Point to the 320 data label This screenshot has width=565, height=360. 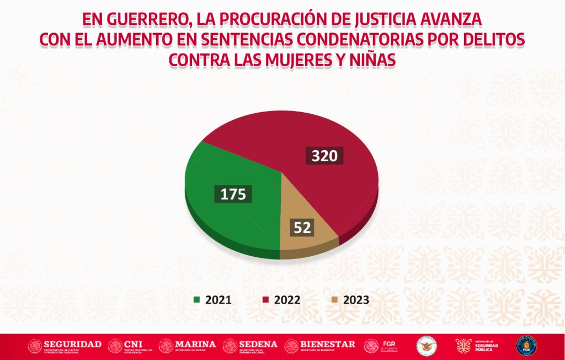coord(324,156)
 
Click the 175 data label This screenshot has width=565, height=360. coord(233,194)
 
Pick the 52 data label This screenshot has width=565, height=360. coord(302,227)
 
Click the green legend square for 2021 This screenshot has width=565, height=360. coord(196,300)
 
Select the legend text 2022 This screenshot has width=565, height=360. coord(286,300)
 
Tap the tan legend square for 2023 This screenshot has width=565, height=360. coord(334,300)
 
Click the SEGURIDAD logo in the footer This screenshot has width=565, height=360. coord(65,346)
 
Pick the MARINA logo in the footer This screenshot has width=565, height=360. coord(188,346)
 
